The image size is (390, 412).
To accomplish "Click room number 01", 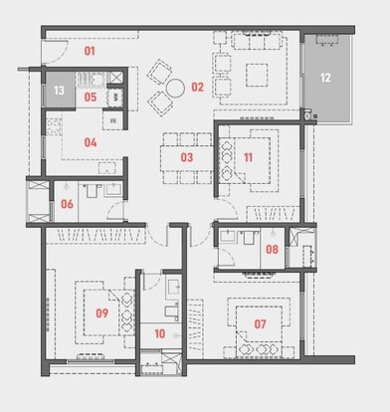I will coord(89,49).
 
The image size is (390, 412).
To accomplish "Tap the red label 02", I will coord(197,88).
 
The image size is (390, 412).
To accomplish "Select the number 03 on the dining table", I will coord(186,157).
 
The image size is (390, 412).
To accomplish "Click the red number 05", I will coord(90,98).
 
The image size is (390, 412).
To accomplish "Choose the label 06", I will coord(68,205).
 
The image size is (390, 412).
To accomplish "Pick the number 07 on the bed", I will coord(260,324).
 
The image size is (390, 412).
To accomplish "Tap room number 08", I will coord(272,250).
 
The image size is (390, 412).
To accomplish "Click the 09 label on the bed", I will coord(101,312).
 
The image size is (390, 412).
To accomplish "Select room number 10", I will coord(159,333).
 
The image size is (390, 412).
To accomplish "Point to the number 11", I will coord(249,157).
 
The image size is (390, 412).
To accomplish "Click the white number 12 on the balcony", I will coord(326,77).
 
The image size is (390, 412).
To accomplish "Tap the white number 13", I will coord(59,91).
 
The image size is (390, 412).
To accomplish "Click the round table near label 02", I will coord(175,88).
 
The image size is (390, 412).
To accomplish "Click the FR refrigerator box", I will coord(113,121).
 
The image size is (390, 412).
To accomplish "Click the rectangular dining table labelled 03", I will coord(186,156).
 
